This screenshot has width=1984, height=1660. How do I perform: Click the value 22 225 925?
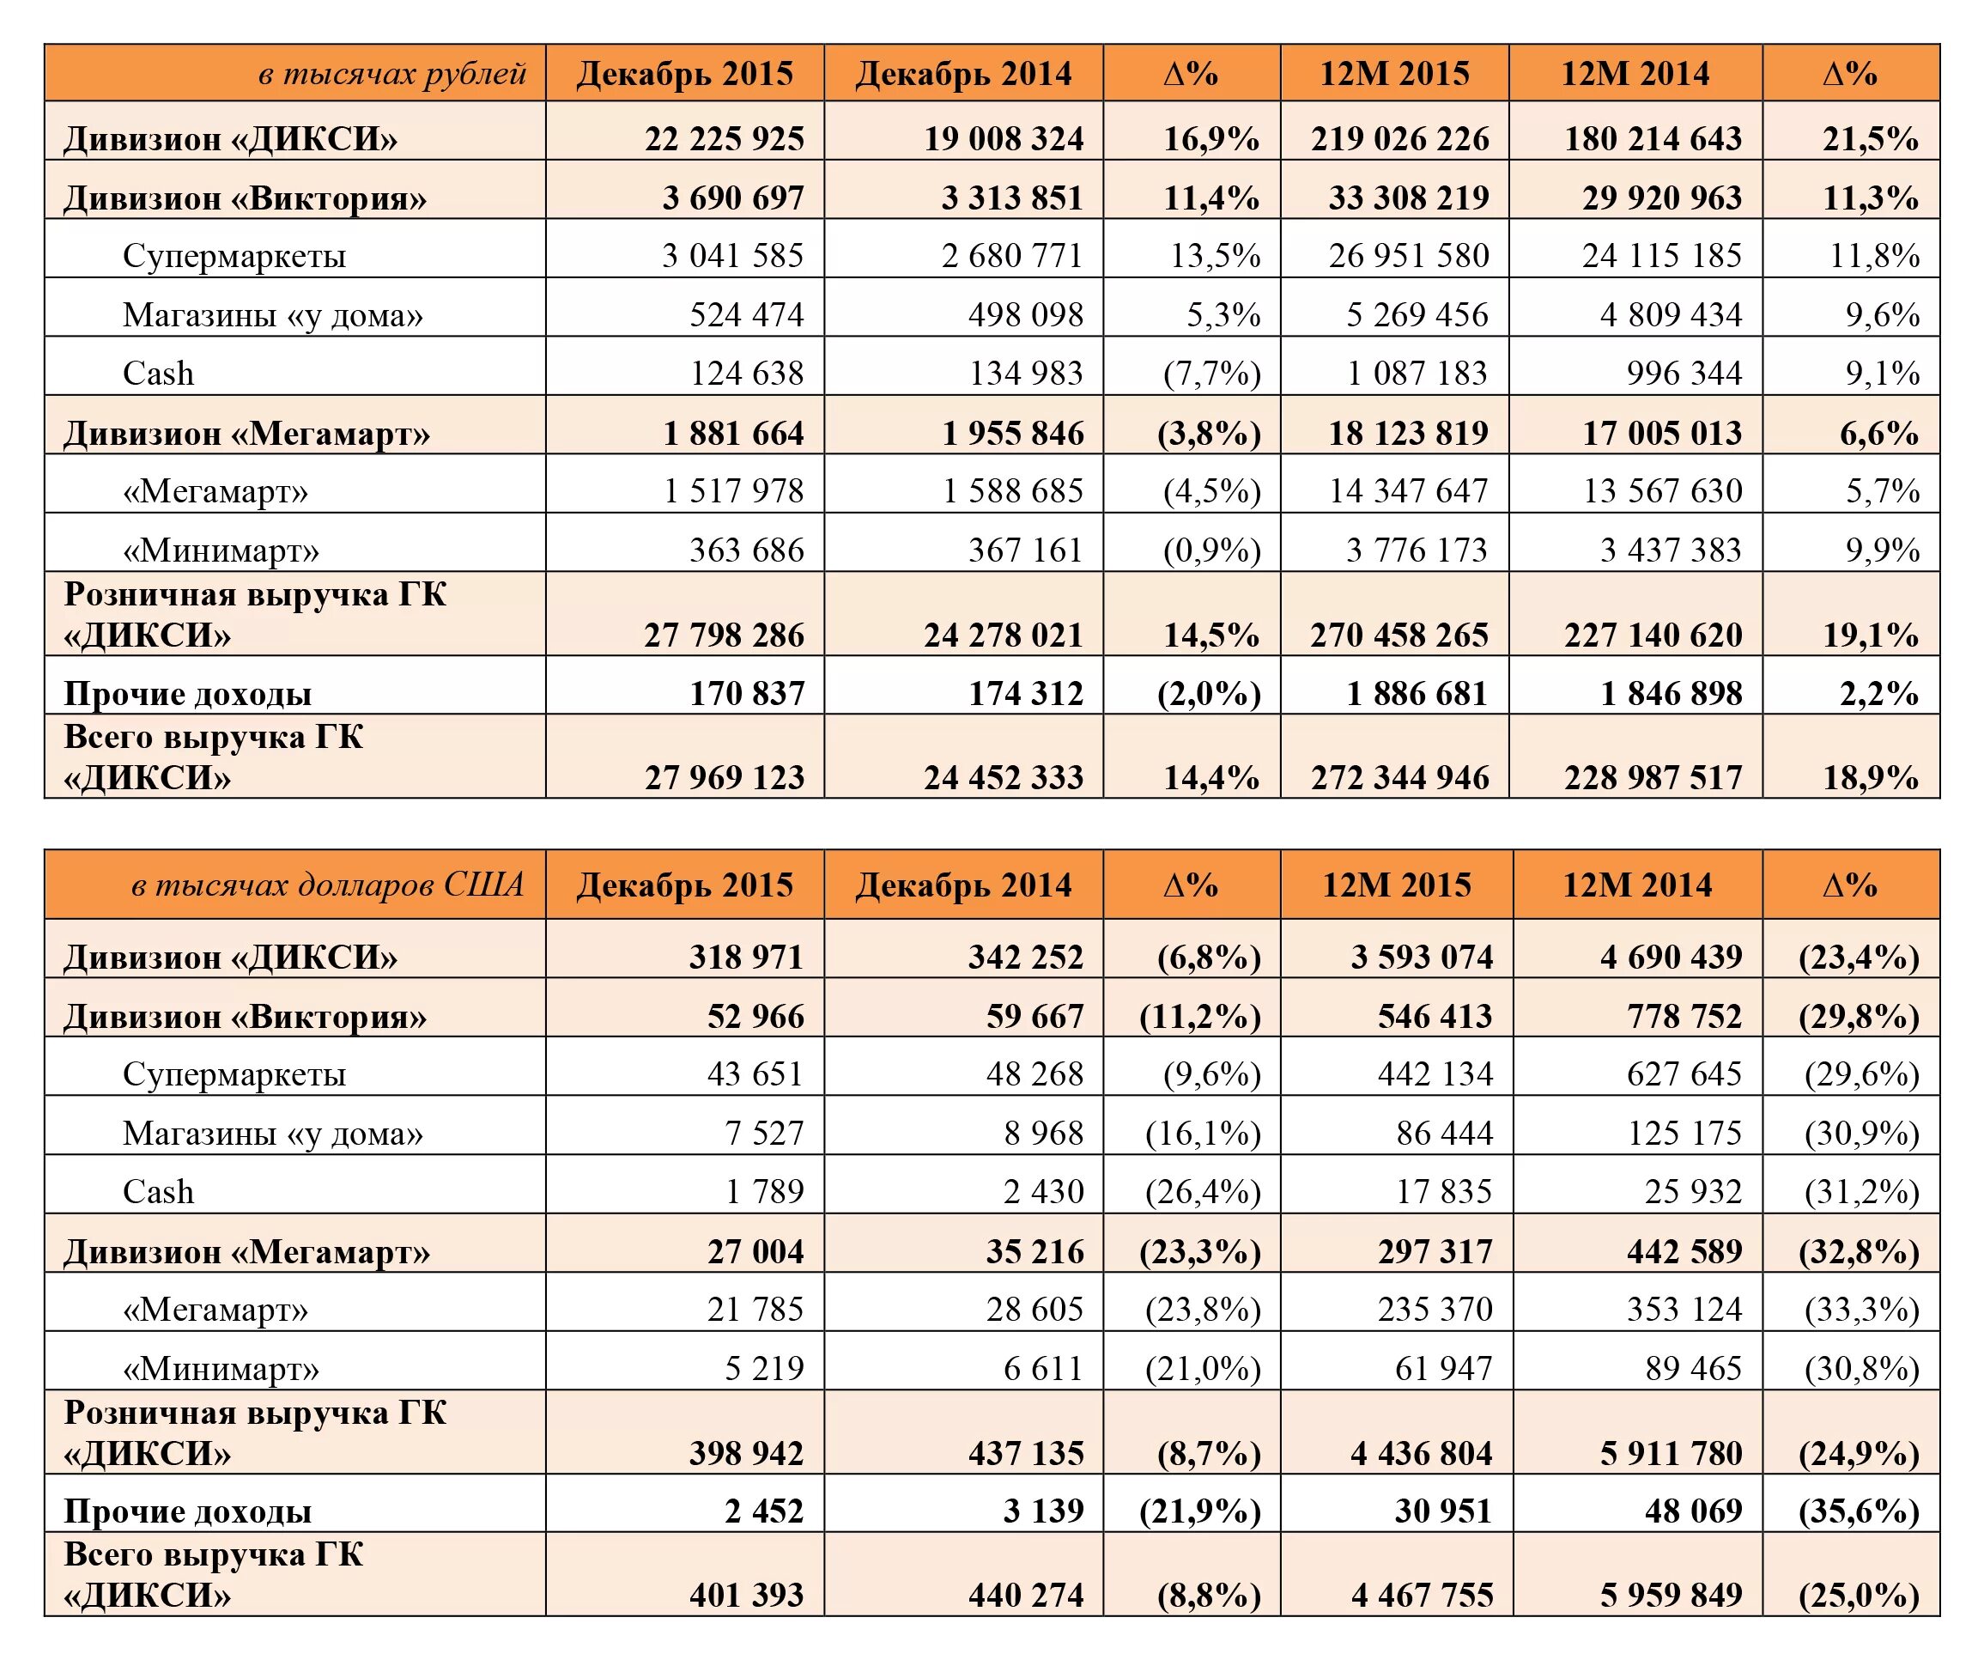[x=724, y=139]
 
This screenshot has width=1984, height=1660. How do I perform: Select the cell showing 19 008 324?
[x=1004, y=139]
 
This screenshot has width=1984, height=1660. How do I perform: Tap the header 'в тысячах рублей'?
[x=391, y=74]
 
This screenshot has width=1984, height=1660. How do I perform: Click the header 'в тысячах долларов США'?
[x=327, y=885]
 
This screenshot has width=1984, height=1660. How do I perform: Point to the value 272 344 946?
[x=1399, y=777]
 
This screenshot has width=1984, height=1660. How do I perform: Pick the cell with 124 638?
[x=746, y=374]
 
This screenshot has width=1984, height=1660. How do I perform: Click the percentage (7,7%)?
[x=1211, y=374]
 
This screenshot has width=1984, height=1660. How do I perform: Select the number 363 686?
[x=746, y=550]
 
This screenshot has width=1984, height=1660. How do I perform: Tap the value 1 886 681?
[x=1417, y=694]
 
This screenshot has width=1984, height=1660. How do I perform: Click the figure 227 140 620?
[x=1653, y=635]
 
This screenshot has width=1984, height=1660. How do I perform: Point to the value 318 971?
[x=745, y=957]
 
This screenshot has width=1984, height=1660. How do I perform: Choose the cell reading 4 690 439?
[x=1671, y=957]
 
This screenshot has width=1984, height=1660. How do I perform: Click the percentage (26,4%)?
[x=1203, y=1191]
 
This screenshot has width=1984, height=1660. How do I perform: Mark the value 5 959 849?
[x=1671, y=1595]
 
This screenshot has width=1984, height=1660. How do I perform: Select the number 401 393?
[x=745, y=1595]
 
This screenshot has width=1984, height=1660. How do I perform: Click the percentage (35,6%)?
[x=1859, y=1511]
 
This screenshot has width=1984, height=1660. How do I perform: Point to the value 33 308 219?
[x=1408, y=198]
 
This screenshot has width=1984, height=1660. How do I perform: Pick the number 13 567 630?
[x=1662, y=491]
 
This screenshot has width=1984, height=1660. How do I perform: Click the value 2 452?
[x=763, y=1511]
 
